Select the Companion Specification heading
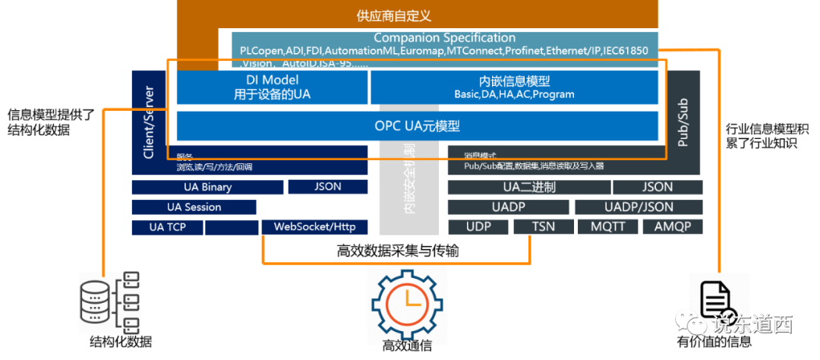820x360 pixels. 444,38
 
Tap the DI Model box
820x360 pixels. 272,87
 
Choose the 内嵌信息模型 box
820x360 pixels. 514,87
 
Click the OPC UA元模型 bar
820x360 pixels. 417,126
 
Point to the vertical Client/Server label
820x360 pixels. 149,122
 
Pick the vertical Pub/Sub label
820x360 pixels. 683,122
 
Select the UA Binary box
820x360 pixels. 207,187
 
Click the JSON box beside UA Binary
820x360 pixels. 327,187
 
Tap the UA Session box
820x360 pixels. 194,207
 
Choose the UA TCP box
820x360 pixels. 167,227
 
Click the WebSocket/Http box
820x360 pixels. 314,227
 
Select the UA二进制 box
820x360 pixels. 528,188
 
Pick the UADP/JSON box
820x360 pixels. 638,207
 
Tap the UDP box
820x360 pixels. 478,227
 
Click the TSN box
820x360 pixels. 543,227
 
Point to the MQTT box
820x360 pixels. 608,227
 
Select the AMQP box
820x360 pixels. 673,227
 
